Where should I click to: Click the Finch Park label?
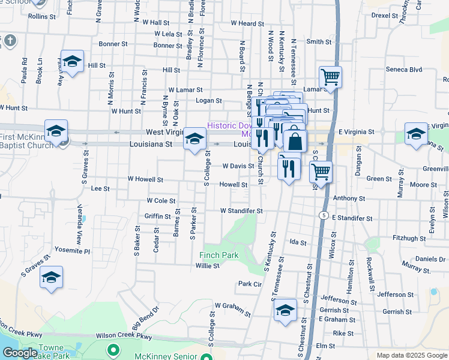[218, 255]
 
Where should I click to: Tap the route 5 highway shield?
[324, 215]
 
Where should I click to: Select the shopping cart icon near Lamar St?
[330, 77]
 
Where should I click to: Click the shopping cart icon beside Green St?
[321, 171]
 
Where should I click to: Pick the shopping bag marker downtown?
[295, 141]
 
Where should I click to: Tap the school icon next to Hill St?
[72, 62]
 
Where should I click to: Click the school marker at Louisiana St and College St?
[194, 139]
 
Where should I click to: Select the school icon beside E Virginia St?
[416, 134]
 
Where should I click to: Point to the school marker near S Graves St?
[52, 278]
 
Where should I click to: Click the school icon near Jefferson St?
[285, 310]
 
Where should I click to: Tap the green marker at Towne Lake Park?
[112, 349]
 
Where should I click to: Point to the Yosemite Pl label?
[73, 251]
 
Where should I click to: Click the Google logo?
[20, 353]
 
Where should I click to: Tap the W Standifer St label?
[241, 211]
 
